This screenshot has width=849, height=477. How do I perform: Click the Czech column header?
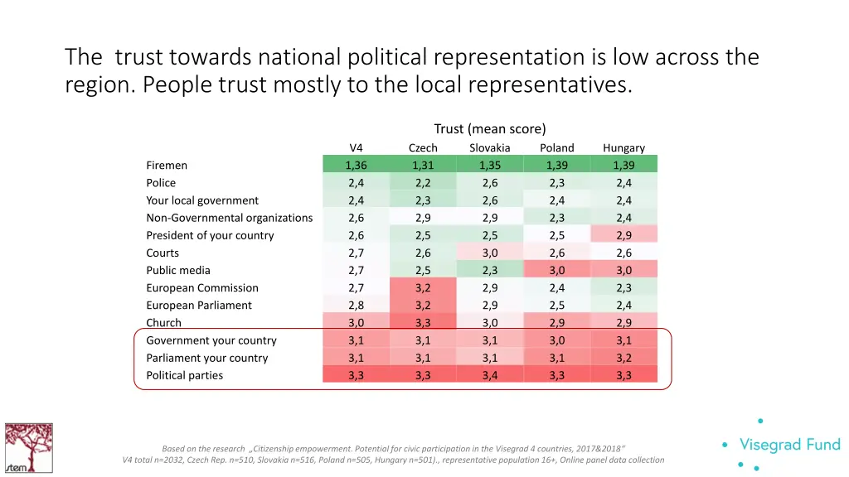[x=423, y=147]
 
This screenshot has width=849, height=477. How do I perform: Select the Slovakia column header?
[x=490, y=147]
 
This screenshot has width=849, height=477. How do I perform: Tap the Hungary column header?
[x=623, y=147]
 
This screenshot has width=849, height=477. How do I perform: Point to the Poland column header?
[x=556, y=147]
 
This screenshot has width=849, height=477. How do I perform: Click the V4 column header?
[x=356, y=147]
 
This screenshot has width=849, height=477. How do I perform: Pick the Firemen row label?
[x=167, y=165]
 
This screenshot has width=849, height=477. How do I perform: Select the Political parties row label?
[x=184, y=375]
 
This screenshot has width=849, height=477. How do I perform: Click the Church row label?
[x=163, y=323]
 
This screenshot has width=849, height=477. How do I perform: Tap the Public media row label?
[x=178, y=270]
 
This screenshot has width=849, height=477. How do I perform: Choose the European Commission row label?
[x=202, y=287]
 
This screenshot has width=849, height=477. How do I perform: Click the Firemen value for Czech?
[x=423, y=165]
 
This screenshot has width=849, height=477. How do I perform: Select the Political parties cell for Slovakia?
[x=490, y=375]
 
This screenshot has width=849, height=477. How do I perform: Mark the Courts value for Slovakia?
[x=490, y=253]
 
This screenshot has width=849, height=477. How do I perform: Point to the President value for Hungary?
[x=623, y=235]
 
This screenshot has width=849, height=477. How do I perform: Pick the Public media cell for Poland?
[x=556, y=270]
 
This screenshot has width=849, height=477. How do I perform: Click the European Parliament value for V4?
[x=356, y=305]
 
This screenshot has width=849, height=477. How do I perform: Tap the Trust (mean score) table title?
[x=490, y=128]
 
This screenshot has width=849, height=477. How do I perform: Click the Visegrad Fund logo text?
[x=789, y=445]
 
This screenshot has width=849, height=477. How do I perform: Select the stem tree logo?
[x=28, y=448]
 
